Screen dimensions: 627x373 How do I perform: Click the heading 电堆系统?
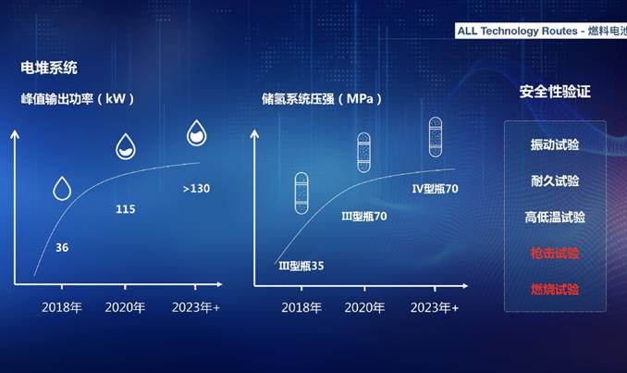coord(49,68)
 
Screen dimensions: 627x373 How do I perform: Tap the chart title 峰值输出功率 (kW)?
coord(78,98)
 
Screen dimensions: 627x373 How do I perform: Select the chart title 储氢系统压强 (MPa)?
coord(322,98)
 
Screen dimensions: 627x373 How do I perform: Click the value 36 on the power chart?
coord(62,247)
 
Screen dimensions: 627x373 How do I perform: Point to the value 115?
coord(126,209)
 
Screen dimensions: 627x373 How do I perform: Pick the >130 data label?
coord(196,188)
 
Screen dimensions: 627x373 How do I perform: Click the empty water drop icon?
coord(62,188)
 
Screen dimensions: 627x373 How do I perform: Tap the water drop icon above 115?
coord(126,146)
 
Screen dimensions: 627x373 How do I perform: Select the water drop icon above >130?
coord(196,132)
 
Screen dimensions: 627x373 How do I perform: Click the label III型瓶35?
coord(301,266)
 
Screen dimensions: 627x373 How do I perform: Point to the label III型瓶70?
coord(363,216)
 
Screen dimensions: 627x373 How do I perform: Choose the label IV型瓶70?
coord(435,189)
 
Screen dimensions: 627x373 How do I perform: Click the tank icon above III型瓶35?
coord(301,193)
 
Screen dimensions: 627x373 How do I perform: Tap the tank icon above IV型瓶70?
coord(436,137)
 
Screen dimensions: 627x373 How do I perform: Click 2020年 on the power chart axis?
coord(125,307)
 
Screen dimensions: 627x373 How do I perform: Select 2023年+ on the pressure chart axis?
coord(435,307)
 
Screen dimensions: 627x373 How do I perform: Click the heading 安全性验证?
coord(555,92)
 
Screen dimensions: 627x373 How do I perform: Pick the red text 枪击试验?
coord(555,253)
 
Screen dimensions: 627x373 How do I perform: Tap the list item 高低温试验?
coord(555,217)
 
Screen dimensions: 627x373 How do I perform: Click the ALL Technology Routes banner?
coord(541,31)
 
